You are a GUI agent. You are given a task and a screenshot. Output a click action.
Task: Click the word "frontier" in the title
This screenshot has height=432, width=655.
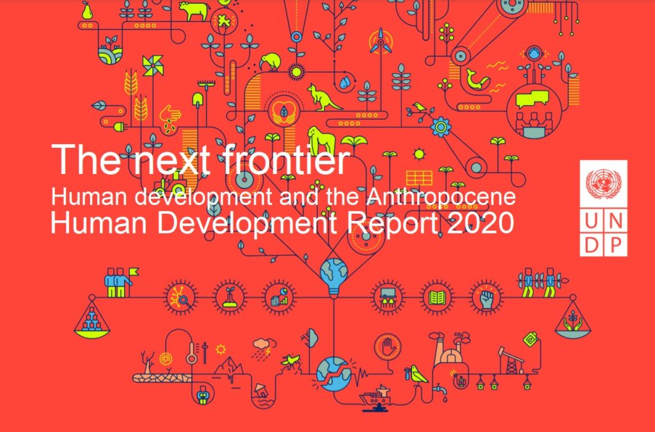click(x=285, y=159)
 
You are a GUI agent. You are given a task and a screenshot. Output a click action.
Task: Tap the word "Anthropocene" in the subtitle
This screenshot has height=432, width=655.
click(x=441, y=196)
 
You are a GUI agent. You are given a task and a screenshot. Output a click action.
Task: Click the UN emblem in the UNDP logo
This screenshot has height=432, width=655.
click(x=603, y=184)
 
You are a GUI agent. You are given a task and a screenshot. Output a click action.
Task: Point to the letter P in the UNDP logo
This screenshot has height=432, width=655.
click(x=616, y=245)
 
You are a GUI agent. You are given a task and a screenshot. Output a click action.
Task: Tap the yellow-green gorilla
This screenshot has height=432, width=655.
click(x=321, y=140)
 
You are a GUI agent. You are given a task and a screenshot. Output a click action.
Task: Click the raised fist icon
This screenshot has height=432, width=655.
click(x=486, y=298)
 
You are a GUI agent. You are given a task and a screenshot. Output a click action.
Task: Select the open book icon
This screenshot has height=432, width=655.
click(x=438, y=298)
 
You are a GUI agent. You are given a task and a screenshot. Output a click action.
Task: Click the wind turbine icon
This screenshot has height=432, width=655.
click(x=381, y=42)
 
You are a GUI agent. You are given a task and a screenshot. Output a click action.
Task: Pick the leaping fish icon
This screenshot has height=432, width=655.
click(x=477, y=79)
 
